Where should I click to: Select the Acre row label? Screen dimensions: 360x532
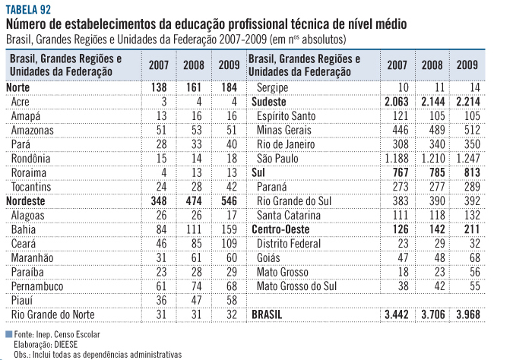[21, 102]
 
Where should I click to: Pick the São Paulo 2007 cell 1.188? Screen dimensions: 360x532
[396, 159]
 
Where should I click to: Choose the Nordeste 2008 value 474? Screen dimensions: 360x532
[192, 201]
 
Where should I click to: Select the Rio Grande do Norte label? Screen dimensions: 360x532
[52, 314]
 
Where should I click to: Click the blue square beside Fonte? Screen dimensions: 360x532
[8, 333]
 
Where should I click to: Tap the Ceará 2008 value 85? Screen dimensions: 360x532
[195, 244]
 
